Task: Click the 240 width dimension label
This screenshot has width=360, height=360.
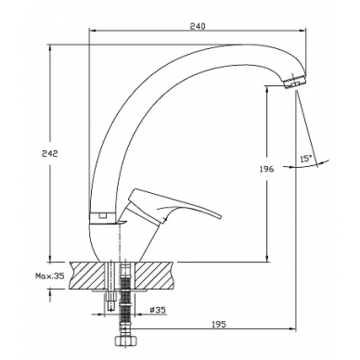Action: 198,26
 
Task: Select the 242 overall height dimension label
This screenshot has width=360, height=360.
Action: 50,153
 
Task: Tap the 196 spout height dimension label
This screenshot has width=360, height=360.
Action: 266,169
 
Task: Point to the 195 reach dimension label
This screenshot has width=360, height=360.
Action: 219,324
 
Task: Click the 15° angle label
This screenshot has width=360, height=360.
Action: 306,159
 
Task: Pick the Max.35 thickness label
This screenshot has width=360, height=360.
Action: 50,276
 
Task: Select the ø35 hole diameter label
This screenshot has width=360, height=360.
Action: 159,309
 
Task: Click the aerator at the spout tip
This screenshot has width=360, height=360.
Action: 294,82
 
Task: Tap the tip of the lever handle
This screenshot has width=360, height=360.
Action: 221,215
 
